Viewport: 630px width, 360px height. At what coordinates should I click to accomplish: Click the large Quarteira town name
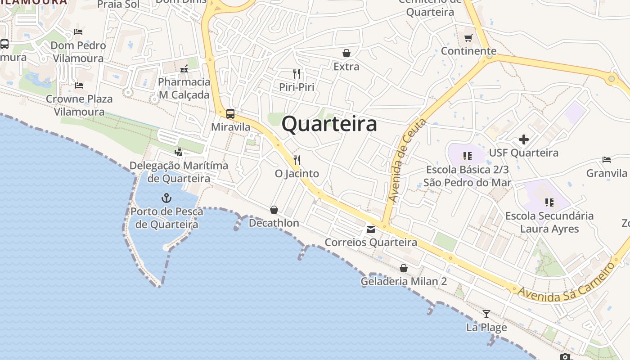pyautogui.click(x=329, y=124)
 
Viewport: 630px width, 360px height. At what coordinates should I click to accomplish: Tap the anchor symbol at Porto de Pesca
pyautogui.click(x=166, y=198)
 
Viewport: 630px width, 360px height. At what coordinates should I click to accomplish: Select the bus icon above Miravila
pyautogui.click(x=230, y=114)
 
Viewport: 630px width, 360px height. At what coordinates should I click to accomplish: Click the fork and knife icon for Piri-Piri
pyautogui.click(x=297, y=73)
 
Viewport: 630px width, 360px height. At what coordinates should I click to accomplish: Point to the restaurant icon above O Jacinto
pyautogui.click(x=297, y=160)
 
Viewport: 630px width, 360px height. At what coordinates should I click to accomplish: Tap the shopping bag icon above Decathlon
pyautogui.click(x=274, y=210)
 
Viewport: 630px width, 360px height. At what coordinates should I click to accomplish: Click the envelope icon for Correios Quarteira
pyautogui.click(x=370, y=229)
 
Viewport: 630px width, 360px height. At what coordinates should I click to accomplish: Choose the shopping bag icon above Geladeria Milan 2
pyautogui.click(x=404, y=269)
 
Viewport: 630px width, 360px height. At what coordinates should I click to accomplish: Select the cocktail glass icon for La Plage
pyautogui.click(x=486, y=314)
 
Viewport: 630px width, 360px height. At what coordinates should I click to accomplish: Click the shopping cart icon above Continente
pyautogui.click(x=468, y=38)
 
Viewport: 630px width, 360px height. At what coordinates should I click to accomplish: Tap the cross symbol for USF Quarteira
pyautogui.click(x=523, y=139)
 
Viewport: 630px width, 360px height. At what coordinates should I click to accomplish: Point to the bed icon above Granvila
pyautogui.click(x=607, y=160)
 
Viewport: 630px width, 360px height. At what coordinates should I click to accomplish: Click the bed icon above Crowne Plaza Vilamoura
pyautogui.click(x=79, y=85)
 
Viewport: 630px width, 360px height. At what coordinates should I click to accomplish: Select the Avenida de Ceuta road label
pyautogui.click(x=407, y=161)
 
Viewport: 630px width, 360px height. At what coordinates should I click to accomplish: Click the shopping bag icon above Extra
pyautogui.click(x=346, y=54)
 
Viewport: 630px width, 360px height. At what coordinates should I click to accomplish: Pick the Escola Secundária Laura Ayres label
pyautogui.click(x=549, y=222)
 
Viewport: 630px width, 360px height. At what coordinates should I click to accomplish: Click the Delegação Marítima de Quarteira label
pyautogui.click(x=179, y=172)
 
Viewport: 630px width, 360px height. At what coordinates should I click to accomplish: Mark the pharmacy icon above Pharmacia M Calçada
pyautogui.click(x=184, y=69)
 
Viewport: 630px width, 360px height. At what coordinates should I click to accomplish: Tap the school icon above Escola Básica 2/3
pyautogui.click(x=467, y=156)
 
